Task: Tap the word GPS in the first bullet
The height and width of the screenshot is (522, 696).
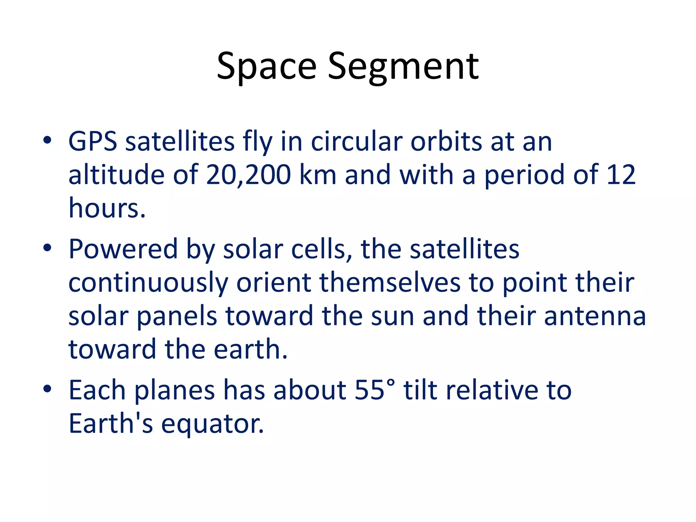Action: pyautogui.click(x=92, y=142)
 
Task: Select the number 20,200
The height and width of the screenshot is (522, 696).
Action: pyautogui.click(x=248, y=175)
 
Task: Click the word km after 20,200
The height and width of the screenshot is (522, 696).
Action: pyautogui.click(x=318, y=175)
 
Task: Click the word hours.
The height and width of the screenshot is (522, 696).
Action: pyautogui.click(x=107, y=208)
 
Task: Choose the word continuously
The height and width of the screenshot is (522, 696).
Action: pyautogui.click(x=148, y=283)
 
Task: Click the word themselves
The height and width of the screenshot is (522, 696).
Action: pyautogui.click(x=389, y=282)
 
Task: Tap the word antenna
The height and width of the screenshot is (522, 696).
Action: pyautogui.click(x=595, y=316)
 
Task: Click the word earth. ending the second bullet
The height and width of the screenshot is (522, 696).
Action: pyautogui.click(x=251, y=349)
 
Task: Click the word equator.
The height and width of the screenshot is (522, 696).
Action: pyautogui.click(x=212, y=424)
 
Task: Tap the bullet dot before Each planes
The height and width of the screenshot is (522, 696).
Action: pyautogui.click(x=47, y=389)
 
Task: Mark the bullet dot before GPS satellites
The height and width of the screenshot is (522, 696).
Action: pyautogui.click(x=47, y=140)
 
